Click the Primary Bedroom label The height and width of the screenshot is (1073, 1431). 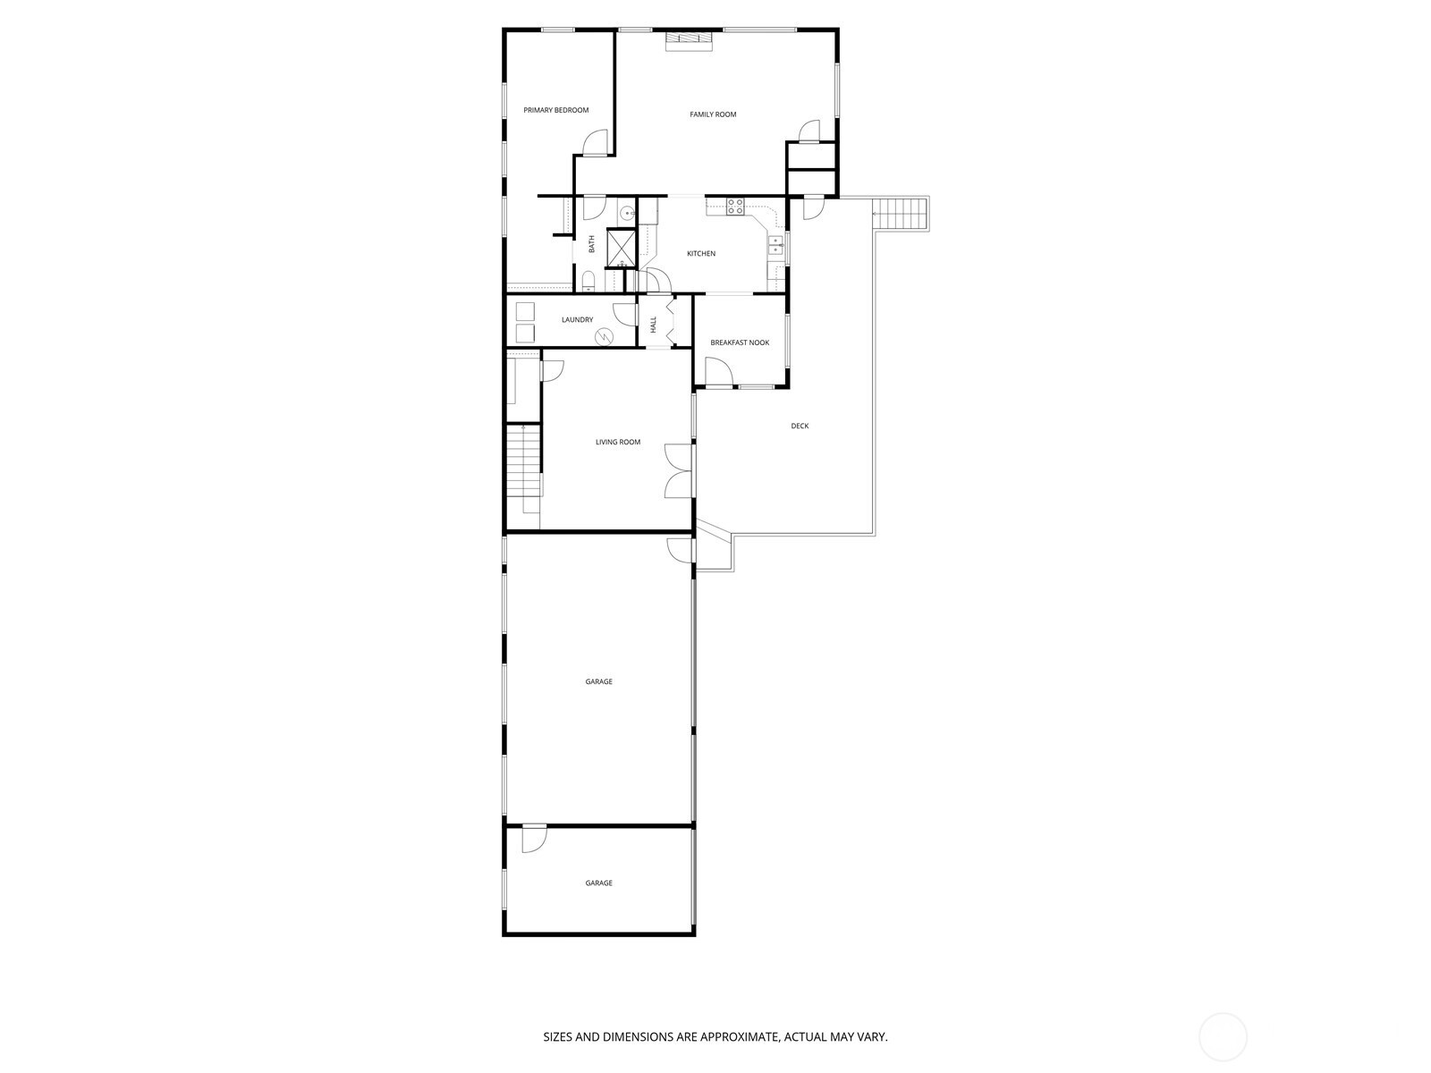555,110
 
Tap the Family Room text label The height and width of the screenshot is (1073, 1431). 713,114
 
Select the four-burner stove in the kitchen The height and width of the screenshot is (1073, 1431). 735,207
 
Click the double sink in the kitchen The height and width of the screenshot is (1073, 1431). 775,245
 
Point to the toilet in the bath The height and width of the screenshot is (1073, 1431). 588,282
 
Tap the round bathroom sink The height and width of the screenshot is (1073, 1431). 627,213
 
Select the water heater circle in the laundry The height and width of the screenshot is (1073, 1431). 604,336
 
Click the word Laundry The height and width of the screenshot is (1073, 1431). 577,320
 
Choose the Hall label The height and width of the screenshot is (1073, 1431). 654,325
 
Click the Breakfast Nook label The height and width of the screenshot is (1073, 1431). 740,342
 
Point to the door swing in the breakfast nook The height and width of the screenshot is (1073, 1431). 718,372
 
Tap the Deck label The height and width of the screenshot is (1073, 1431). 800,427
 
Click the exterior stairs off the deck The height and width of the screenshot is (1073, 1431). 901,214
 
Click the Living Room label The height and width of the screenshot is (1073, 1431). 617,443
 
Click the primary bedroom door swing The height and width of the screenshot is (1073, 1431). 595,143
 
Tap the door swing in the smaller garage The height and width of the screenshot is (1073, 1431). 534,839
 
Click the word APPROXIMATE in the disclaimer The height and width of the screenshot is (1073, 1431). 739,1037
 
